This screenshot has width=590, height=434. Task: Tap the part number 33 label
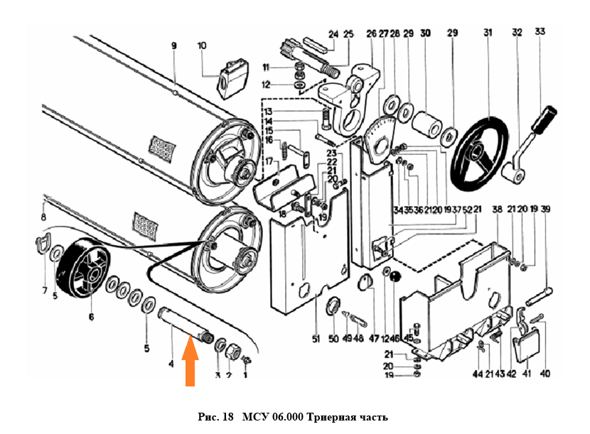coord(541,32)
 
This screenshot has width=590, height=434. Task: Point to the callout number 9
coord(173,45)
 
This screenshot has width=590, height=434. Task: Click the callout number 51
coord(315,337)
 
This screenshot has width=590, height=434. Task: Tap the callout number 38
coord(496,210)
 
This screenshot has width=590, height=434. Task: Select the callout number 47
coord(374,337)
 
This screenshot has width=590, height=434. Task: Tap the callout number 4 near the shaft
coord(171,364)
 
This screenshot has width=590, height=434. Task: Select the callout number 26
coord(371,33)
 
